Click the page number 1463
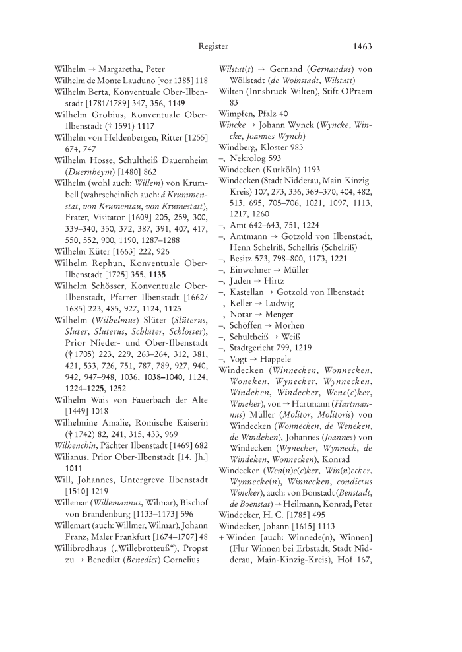click(362, 46)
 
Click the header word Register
click(213, 46)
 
